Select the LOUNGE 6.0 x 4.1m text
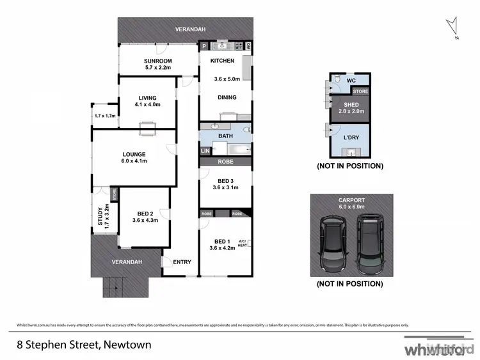coord(134,157)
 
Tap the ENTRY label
coord(182,262)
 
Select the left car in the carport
coord(333,242)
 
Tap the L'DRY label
coord(351,138)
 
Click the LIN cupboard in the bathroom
coord(205,151)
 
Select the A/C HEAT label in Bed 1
coord(242,242)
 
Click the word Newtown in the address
coord(129,345)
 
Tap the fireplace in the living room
coord(147,125)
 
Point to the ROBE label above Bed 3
coord(225,162)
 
